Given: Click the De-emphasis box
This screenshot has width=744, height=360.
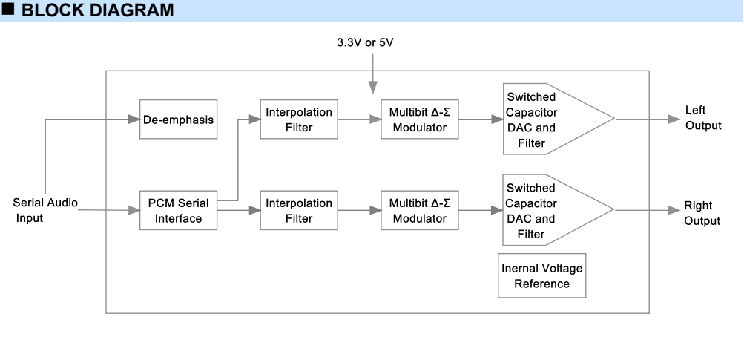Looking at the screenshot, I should (x=178, y=120).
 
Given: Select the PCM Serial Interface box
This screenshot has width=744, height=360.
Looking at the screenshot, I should (x=178, y=211).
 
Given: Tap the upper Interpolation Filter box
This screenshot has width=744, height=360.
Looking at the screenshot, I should (x=299, y=120).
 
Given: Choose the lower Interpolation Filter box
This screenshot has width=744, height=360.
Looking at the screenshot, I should (x=299, y=211).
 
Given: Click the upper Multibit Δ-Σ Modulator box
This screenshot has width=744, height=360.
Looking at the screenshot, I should (x=419, y=120).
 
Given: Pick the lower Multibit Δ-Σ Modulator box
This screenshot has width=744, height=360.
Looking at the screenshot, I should (x=419, y=211).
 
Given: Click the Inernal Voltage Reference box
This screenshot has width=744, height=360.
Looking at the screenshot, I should (x=541, y=276).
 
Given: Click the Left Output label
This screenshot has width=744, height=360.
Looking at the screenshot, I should (x=702, y=118).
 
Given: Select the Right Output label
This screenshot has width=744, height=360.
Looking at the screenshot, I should (x=702, y=213).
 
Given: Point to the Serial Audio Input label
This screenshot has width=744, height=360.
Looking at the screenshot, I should (x=45, y=210).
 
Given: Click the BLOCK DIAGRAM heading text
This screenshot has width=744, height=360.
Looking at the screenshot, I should (x=98, y=10).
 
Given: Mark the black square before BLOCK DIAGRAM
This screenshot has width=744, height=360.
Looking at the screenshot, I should (x=9, y=10).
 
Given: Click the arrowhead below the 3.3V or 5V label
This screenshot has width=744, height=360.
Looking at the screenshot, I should (x=373, y=88).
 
